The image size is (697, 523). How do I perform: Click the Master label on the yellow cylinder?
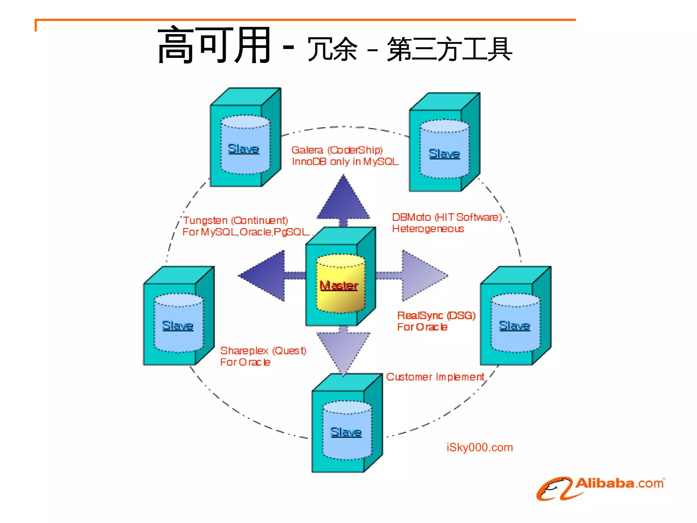pyautogui.click(x=339, y=285)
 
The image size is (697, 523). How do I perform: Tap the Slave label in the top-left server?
pyautogui.click(x=243, y=149)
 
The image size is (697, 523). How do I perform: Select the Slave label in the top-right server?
pyautogui.click(x=444, y=154)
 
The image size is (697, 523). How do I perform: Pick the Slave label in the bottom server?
pyautogui.click(x=346, y=432)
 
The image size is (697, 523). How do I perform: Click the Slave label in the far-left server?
pyautogui.click(x=177, y=326)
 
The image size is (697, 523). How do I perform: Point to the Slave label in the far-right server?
pyautogui.click(x=514, y=326)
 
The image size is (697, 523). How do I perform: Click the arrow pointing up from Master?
pyautogui.click(x=343, y=201)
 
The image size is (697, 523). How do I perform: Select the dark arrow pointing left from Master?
pyautogui.click(x=265, y=276)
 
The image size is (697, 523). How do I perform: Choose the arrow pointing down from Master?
pyautogui.click(x=343, y=351)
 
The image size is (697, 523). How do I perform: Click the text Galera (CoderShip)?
pyautogui.click(x=337, y=150)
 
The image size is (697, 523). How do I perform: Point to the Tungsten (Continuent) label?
pyautogui.click(x=236, y=221)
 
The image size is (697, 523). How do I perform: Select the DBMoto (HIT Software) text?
pyautogui.click(x=447, y=217)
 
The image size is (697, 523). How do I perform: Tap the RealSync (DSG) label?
pyautogui.click(x=436, y=315)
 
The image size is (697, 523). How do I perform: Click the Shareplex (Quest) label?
pyautogui.click(x=263, y=351)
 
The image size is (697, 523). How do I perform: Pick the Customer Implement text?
pyautogui.click(x=435, y=377)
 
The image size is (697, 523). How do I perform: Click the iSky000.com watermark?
pyautogui.click(x=480, y=447)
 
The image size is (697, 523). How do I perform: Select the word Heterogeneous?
pyautogui.click(x=428, y=229)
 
